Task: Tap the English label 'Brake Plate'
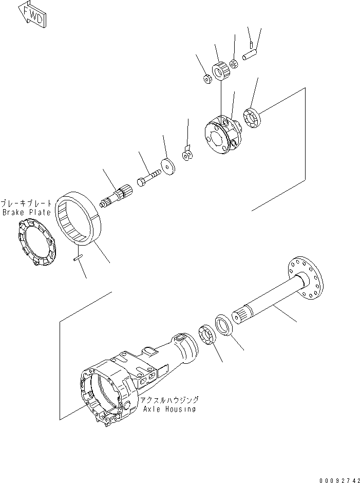point(26,212)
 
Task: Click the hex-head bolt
point(149,180)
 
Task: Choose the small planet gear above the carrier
point(221,70)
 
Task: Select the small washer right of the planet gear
point(234,64)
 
